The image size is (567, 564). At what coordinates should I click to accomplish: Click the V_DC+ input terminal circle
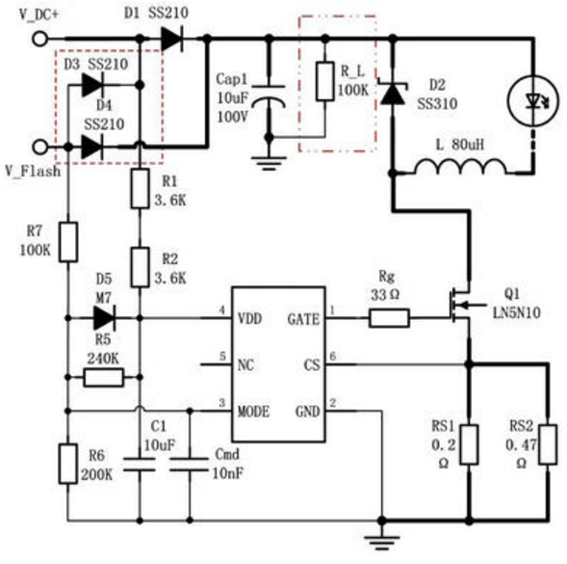(39, 39)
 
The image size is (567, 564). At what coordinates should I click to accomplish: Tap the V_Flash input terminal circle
(39, 148)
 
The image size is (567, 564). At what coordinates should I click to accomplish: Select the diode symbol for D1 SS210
(171, 39)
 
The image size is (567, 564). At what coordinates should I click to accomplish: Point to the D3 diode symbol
(92, 85)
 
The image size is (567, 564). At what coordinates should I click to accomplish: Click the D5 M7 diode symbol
(104, 318)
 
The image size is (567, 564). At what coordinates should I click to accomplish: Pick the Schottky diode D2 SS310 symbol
(393, 93)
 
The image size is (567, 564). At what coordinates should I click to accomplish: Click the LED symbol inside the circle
(534, 100)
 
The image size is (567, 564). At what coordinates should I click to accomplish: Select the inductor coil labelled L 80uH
(460, 167)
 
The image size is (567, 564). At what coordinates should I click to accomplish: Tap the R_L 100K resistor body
(324, 81)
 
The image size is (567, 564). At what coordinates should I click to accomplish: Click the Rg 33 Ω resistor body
(389, 318)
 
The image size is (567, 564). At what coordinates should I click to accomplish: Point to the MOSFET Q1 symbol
(463, 305)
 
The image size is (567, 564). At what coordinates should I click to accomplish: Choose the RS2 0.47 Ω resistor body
(548, 444)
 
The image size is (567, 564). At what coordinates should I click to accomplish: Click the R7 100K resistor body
(68, 242)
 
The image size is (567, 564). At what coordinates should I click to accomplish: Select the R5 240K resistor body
(103, 378)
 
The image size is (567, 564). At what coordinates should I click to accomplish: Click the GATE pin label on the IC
(303, 319)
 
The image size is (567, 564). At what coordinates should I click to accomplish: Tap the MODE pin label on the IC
(253, 412)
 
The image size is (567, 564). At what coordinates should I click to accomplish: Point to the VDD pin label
(250, 319)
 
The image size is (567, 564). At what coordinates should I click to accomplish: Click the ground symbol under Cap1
(269, 163)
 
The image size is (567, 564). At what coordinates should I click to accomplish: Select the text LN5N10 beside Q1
(516, 312)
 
